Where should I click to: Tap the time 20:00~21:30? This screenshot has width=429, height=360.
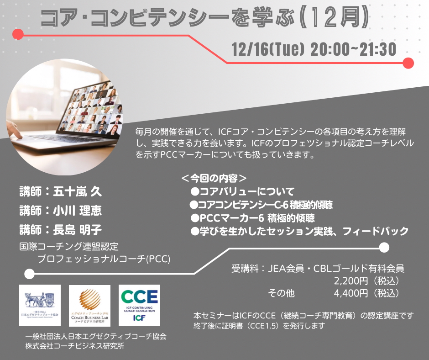pos(353,49)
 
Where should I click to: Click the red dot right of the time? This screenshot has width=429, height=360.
pos(408,63)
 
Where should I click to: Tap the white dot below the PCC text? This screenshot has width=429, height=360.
pos(30,274)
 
